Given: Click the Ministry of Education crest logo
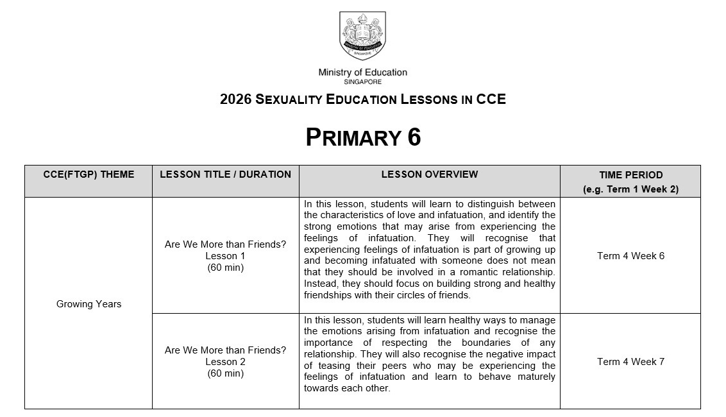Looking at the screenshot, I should (362, 37).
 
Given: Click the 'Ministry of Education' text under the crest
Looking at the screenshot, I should (362, 72).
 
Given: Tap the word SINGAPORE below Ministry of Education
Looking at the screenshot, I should (362, 82).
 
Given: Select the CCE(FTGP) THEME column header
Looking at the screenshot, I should (89, 174).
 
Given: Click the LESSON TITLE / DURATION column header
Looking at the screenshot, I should (225, 174).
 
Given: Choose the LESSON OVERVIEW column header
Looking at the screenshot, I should (429, 174).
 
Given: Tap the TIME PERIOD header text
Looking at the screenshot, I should (630, 174).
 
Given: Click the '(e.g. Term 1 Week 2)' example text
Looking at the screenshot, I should (630, 189).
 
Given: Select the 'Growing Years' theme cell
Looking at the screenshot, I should (89, 304).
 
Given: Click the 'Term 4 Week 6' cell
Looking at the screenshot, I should (630, 256).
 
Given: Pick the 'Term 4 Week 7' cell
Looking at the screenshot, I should (630, 362).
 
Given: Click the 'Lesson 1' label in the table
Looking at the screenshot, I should (225, 256).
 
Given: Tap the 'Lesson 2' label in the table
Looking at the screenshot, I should (225, 362).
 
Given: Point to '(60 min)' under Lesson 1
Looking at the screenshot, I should (225, 268).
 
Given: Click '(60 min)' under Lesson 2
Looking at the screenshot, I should (225, 373).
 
